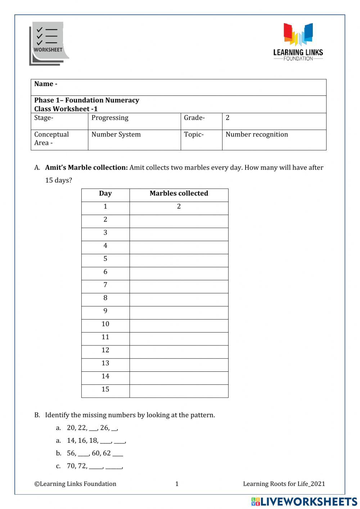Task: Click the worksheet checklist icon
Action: coord(49,43)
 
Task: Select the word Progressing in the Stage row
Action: coord(110,118)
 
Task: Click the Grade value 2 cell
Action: coord(228,118)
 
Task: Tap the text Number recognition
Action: coord(257,134)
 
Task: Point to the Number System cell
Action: coord(116,134)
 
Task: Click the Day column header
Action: coord(105,193)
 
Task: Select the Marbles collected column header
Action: coord(179,193)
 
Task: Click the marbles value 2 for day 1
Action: coord(179,206)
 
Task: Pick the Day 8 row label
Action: coord(105,298)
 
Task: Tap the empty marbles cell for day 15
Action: coord(179,391)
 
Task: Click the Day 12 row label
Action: coord(105,350)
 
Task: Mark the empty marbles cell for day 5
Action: coord(179,260)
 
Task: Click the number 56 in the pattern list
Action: coord(71,453)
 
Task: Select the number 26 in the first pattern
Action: coord(104,428)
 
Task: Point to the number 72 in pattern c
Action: coord(82,466)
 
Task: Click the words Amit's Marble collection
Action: coord(86,168)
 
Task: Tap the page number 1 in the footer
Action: coord(177,484)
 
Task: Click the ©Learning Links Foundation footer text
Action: coord(75,484)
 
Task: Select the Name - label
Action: coord(46,84)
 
